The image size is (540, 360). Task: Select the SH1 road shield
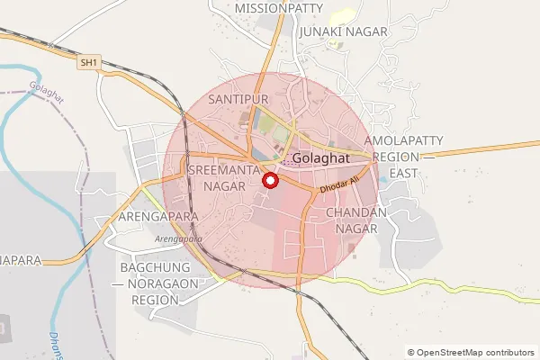point(87,62)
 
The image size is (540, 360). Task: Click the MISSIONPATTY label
point(278,8)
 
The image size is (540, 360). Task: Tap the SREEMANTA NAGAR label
point(225,177)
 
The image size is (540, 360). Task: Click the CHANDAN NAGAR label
point(356,220)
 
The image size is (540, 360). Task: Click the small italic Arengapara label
point(177,238)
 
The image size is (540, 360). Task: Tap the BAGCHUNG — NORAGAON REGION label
point(167,284)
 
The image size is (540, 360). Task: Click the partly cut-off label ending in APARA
point(20,260)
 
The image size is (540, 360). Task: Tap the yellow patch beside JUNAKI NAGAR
point(345,15)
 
